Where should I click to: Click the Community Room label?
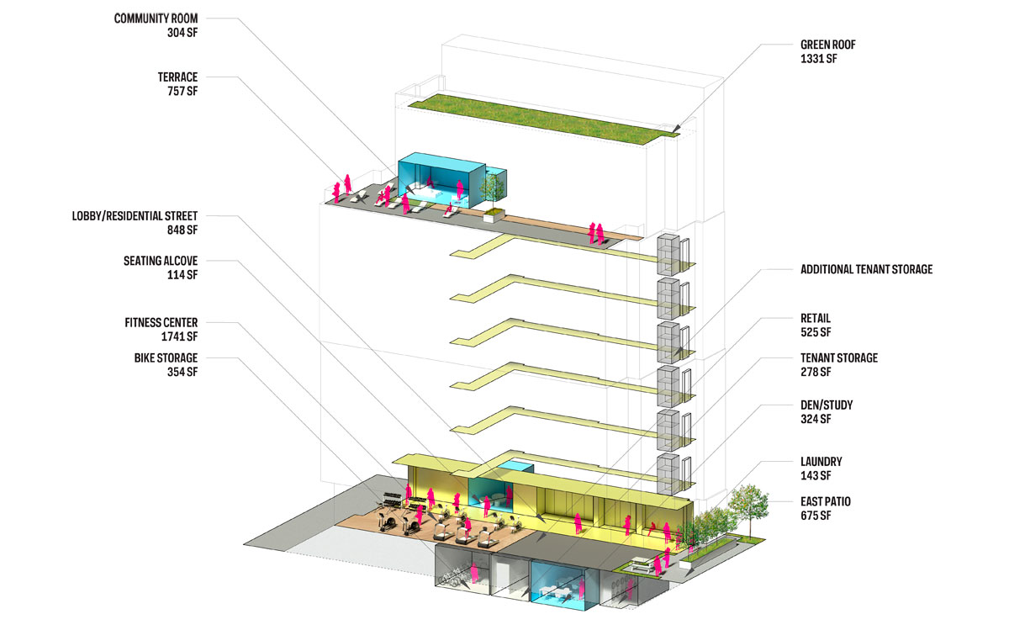click(156, 19)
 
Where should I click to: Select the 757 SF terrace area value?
click(182, 91)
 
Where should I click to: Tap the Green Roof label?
click(828, 45)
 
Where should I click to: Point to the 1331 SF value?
click(818, 59)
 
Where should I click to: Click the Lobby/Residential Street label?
click(135, 216)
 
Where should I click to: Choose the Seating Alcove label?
click(161, 261)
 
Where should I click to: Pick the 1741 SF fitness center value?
click(179, 336)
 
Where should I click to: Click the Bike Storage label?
click(166, 357)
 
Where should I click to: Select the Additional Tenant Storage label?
click(866, 269)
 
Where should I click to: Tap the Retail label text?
click(816, 318)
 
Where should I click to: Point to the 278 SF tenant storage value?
click(816, 372)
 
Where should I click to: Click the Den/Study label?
click(827, 405)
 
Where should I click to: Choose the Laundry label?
click(821, 462)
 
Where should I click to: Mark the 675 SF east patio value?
click(816, 516)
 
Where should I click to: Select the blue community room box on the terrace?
click(441, 180)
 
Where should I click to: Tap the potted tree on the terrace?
click(494, 199)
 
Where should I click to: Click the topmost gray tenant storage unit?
click(668, 255)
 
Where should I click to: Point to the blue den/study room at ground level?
click(558, 585)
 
